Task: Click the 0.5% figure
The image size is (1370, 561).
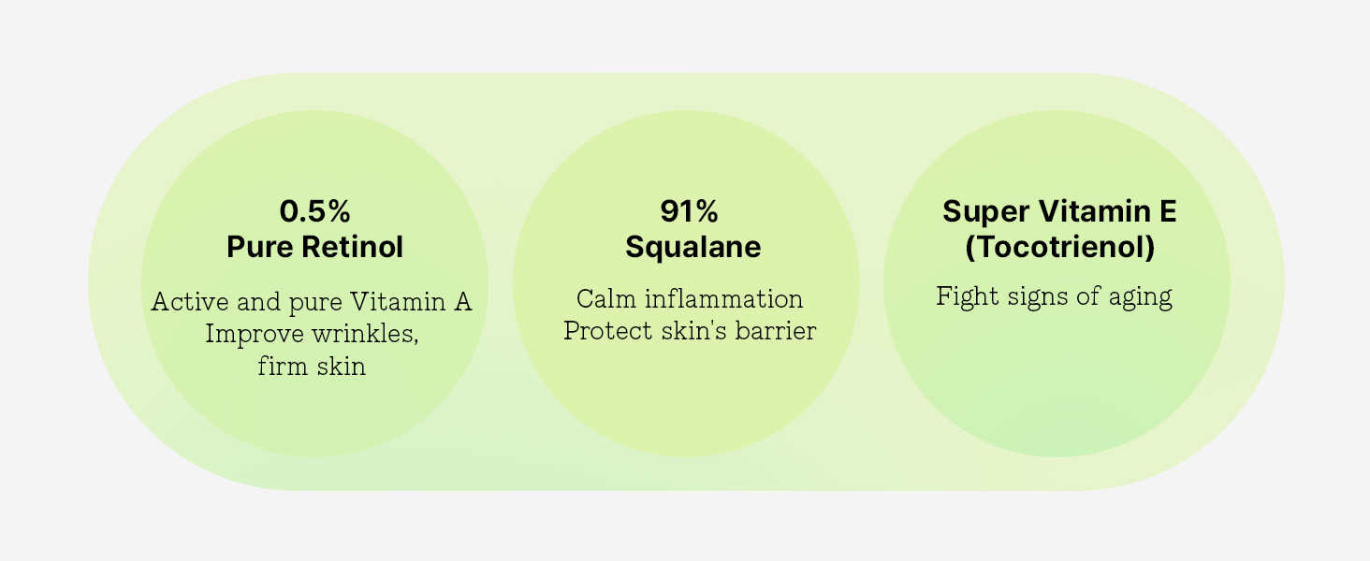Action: coord(315,211)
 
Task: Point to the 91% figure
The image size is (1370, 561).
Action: coord(690,211)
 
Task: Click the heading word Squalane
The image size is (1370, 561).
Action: coord(692,248)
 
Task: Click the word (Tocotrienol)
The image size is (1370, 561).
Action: coord(1060,248)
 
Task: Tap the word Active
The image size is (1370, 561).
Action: coord(190,301)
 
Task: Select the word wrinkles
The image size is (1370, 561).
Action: coord(365,335)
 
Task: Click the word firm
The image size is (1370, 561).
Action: coord(281,367)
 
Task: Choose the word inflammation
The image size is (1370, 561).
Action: coord(724,299)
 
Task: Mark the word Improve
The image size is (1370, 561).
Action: coord(255,335)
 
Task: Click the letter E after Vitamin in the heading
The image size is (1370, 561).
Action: coord(1168,211)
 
